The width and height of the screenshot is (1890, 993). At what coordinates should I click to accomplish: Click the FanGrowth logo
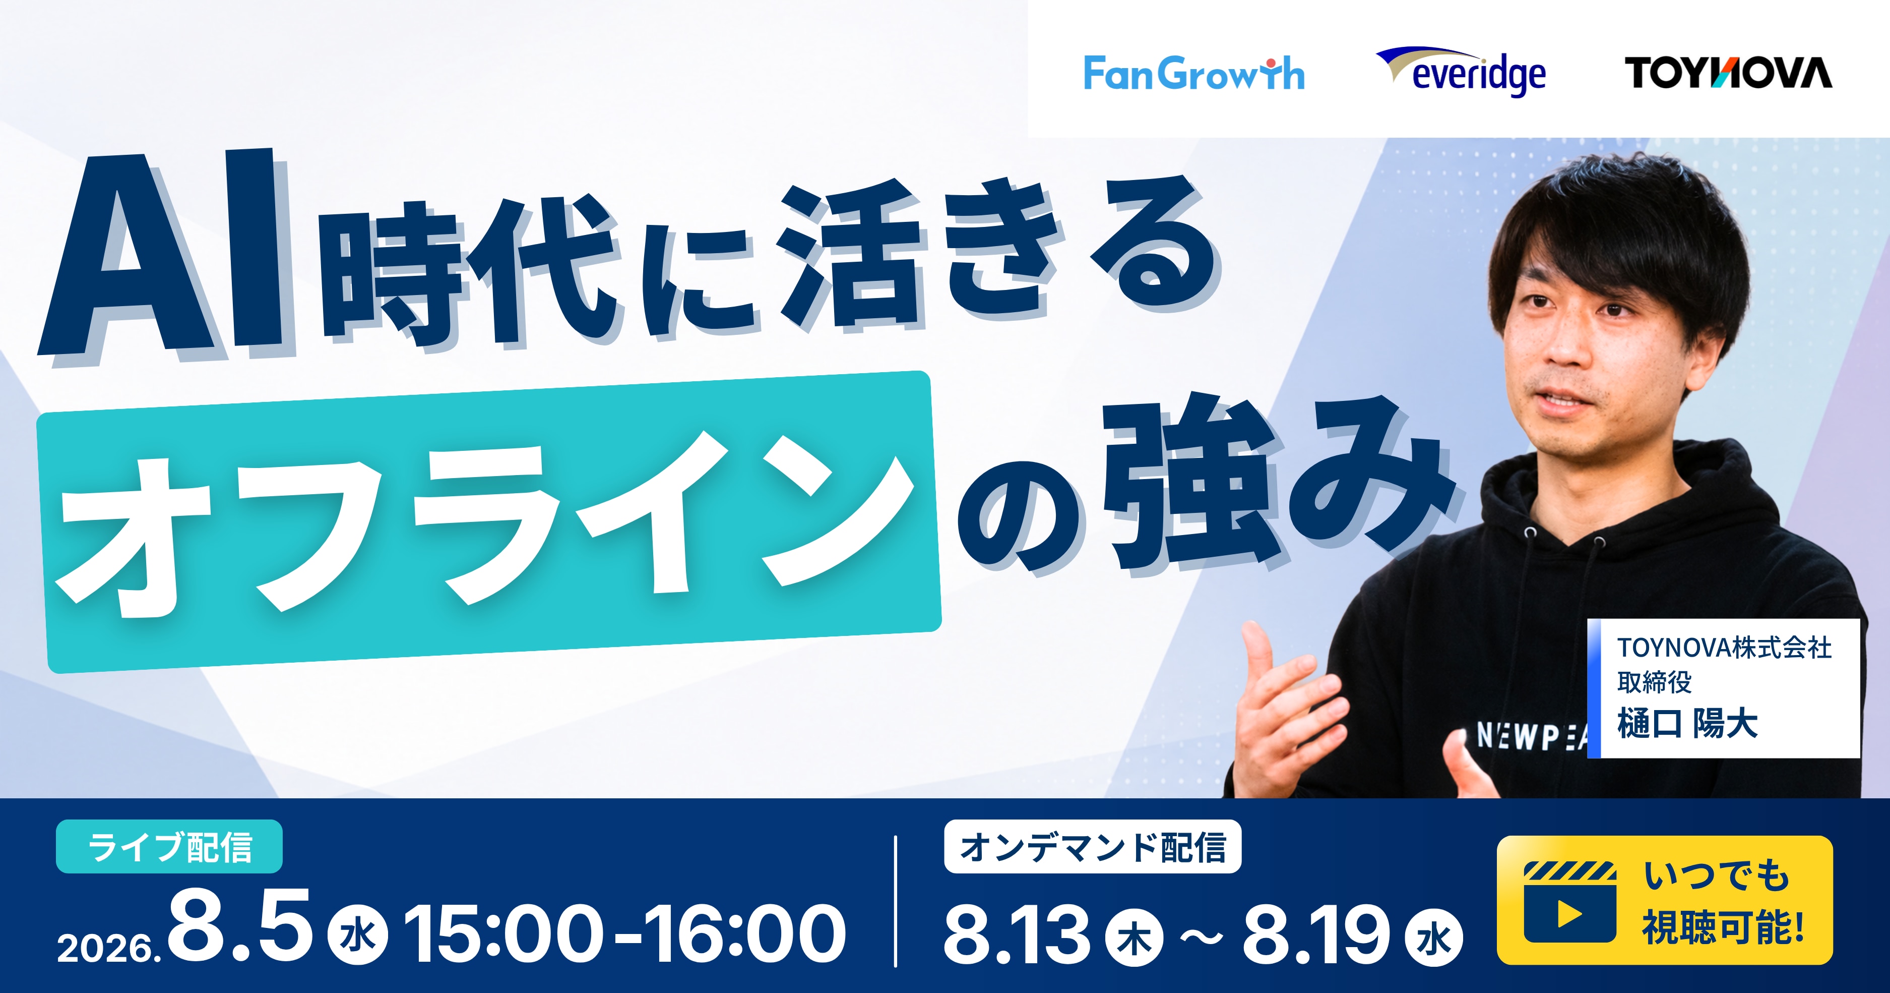pyautogui.click(x=1193, y=74)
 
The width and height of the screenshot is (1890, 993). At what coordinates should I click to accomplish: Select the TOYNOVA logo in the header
pyautogui.click(x=1728, y=73)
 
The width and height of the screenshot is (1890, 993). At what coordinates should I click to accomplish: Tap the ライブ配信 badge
pyautogui.click(x=169, y=847)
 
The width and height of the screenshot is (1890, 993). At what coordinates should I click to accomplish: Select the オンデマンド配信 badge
pyautogui.click(x=1093, y=847)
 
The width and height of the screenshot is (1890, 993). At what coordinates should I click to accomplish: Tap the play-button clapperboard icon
pyautogui.click(x=1569, y=902)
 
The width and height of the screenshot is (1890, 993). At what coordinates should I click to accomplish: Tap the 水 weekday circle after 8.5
pyautogui.click(x=358, y=937)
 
